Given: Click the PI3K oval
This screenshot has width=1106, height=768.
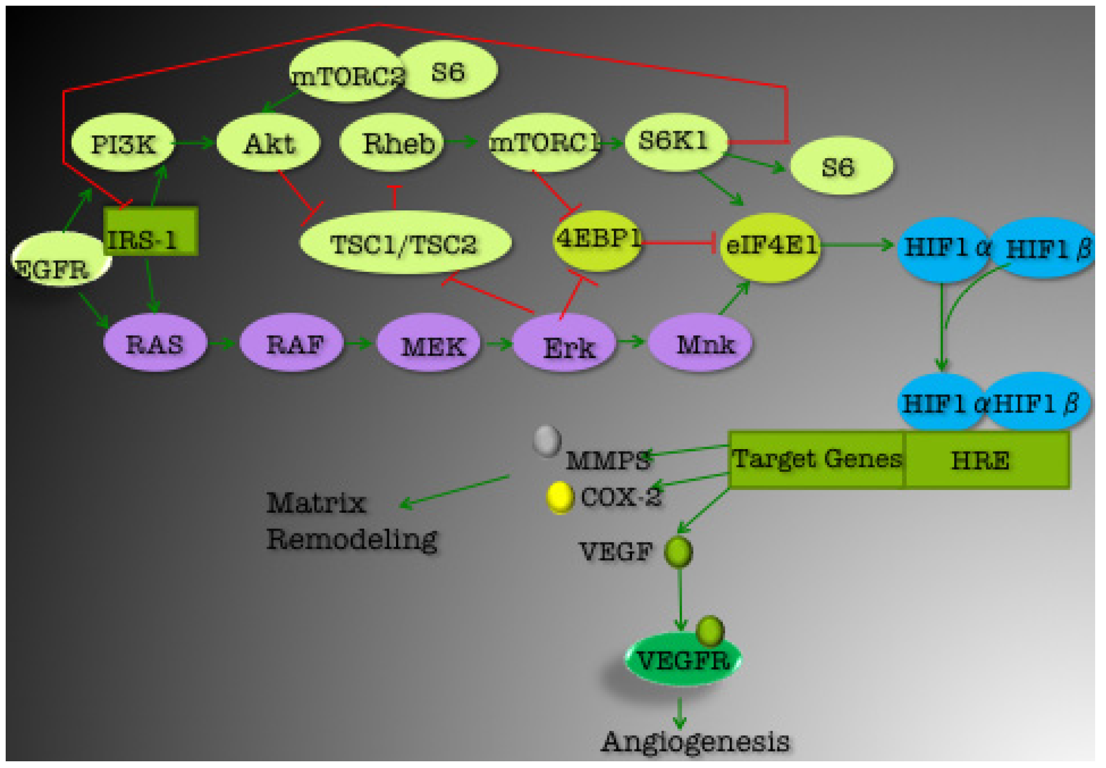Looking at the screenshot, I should [122, 143].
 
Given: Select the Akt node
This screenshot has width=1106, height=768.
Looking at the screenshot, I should [268, 143].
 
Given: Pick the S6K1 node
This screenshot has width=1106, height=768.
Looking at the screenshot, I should [674, 141].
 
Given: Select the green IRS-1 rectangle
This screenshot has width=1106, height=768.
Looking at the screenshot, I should [150, 231].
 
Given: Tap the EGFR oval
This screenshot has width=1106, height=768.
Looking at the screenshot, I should [57, 261].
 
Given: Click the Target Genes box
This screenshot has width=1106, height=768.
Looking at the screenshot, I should [816, 459].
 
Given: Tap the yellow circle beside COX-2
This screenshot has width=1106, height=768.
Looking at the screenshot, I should [560, 497].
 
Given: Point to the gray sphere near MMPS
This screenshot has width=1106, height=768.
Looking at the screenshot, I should [547, 440].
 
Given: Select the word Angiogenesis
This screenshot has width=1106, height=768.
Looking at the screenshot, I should [695, 742].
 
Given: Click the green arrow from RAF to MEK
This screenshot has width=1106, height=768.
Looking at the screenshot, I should [359, 343].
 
